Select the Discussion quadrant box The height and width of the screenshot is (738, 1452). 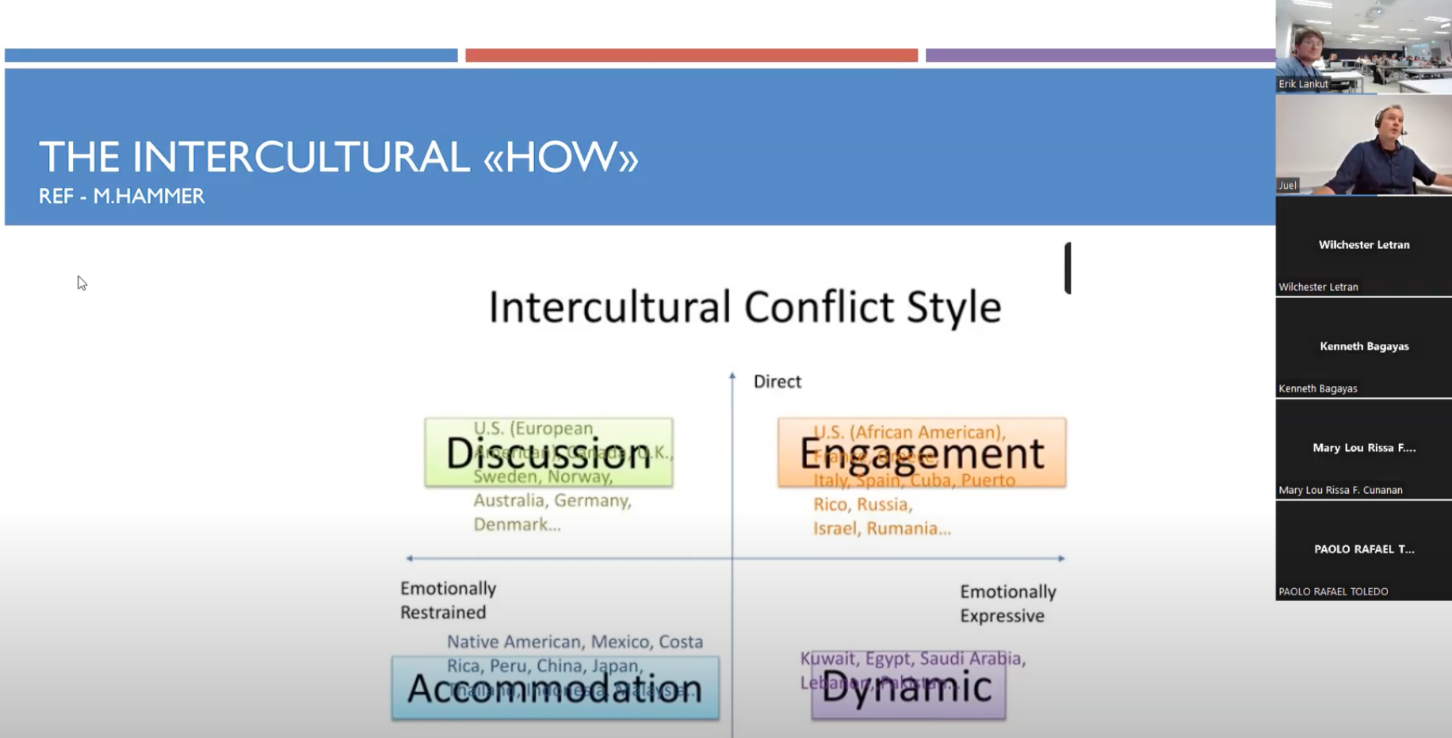pyautogui.click(x=548, y=453)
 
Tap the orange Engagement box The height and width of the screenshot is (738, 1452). pyautogui.click(x=922, y=453)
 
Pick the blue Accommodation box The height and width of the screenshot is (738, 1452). pyautogui.click(x=555, y=688)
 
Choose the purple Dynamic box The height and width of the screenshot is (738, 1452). pyautogui.click(x=908, y=686)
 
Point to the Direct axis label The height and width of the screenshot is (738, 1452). pyautogui.click(x=777, y=382)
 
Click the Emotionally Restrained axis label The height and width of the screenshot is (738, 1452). pyautogui.click(x=448, y=600)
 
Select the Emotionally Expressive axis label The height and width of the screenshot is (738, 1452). pyautogui.click(x=1007, y=603)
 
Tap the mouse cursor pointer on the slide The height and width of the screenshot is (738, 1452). pyautogui.click(x=81, y=282)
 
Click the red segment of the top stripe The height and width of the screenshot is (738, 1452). pyautogui.click(x=691, y=55)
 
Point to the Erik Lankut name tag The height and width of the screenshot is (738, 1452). pyautogui.click(x=1303, y=84)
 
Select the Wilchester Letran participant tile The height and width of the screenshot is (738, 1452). pyautogui.click(x=1363, y=246)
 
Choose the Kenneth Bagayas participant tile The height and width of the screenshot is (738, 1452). pyautogui.click(x=1363, y=347)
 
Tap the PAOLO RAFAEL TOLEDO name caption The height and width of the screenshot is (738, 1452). pyautogui.click(x=1333, y=591)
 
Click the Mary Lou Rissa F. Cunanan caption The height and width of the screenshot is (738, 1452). pyautogui.click(x=1340, y=490)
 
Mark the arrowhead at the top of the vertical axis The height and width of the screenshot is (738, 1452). pyautogui.click(x=732, y=376)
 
